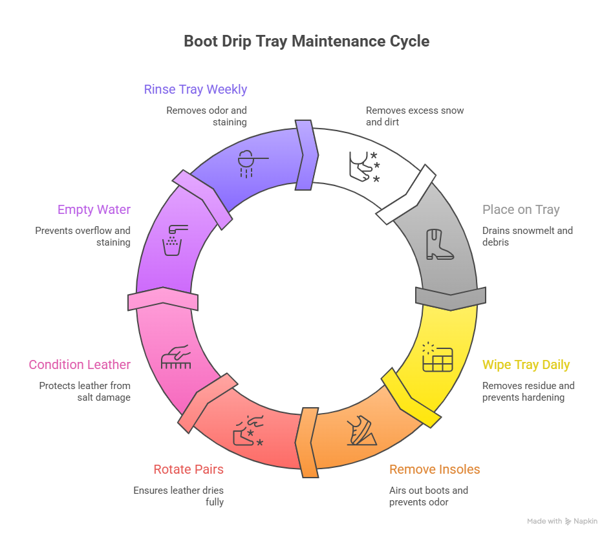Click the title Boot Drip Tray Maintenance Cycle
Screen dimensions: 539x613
click(x=306, y=41)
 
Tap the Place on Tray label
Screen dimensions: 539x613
click(x=521, y=209)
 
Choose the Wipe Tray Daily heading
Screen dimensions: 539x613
click(x=526, y=365)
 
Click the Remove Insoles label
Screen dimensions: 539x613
click(x=435, y=469)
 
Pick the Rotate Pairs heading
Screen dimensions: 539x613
click(x=188, y=469)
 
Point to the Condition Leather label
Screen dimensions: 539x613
click(x=80, y=365)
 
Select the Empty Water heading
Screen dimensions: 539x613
click(x=94, y=209)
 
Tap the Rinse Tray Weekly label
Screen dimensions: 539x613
click(x=195, y=89)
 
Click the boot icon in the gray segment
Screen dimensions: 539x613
click(x=440, y=245)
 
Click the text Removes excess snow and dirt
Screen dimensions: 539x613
click(x=414, y=116)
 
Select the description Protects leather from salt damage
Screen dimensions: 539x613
click(x=85, y=391)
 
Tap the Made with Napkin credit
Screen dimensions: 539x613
click(x=562, y=521)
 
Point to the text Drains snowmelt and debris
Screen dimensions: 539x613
click(x=527, y=236)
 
